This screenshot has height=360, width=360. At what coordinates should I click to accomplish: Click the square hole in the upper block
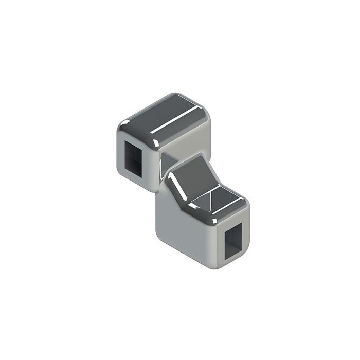[x=133, y=157]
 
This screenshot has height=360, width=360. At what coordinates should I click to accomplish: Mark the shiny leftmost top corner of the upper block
[x=123, y=123]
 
